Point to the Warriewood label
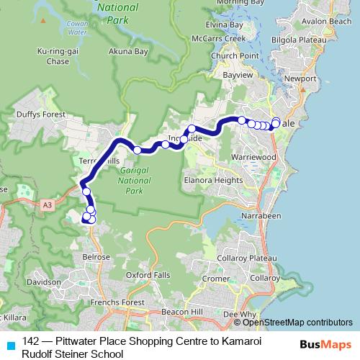(x=253, y=156)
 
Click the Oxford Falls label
(x=148, y=274)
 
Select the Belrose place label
(x=95, y=256)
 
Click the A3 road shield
(x=47, y=205)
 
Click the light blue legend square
(x=9, y=343)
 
